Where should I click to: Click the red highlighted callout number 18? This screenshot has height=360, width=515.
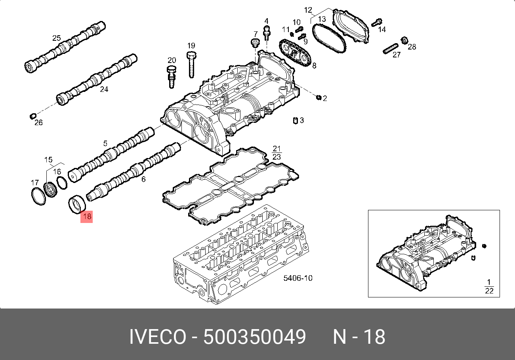click(86, 216)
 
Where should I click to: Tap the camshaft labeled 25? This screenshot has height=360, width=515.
click(65, 48)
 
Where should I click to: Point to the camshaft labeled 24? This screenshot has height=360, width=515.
click(97, 79)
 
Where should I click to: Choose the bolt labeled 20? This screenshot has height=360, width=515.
click(172, 77)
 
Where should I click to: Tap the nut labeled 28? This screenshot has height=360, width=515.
click(404, 40)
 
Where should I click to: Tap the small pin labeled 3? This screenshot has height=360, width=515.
click(295, 120)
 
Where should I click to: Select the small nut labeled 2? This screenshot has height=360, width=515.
click(319, 97)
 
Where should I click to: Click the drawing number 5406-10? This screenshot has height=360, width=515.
click(298, 278)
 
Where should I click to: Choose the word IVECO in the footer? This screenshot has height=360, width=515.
click(157, 337)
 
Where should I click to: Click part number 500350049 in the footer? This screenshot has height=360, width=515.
click(254, 337)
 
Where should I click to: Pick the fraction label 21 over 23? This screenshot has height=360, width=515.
click(277, 152)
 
